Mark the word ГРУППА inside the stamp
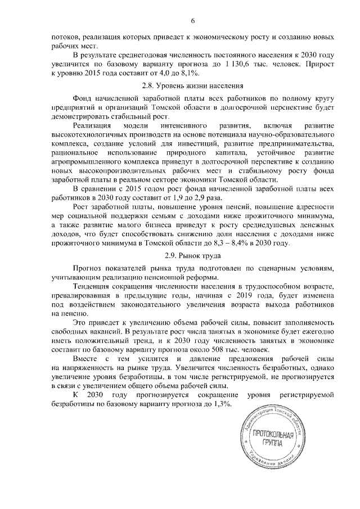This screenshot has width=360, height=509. click(272, 444)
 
